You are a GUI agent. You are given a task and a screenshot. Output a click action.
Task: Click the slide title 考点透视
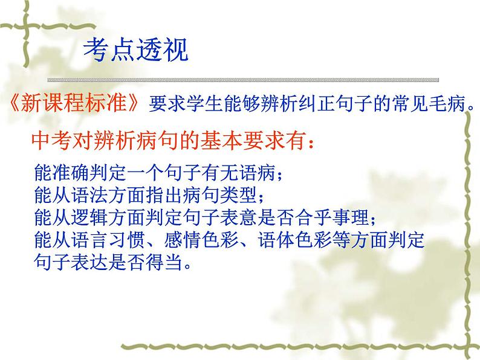[x=135, y=49]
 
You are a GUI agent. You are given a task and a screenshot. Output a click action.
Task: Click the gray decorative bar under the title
[x=242, y=80]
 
